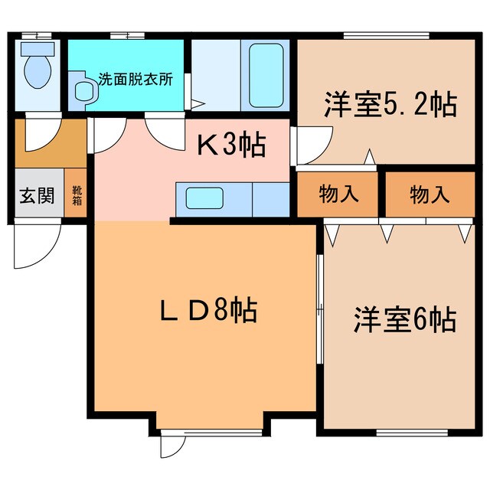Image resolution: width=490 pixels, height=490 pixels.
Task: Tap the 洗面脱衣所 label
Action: pyautogui.click(x=135, y=79)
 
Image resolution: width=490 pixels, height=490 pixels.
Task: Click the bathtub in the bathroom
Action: pyautogui.click(x=266, y=73)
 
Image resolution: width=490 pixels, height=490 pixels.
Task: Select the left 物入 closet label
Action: pyautogui.click(x=338, y=194)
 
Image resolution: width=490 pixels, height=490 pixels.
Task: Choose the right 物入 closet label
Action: pyautogui.click(x=430, y=194)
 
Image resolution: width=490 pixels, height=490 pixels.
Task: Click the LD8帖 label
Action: pyautogui.click(x=206, y=309)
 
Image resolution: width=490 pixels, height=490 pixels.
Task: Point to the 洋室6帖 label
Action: pyautogui.click(x=405, y=319)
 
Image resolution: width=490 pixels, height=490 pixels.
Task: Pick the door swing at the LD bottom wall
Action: pyautogui.click(x=173, y=445)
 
